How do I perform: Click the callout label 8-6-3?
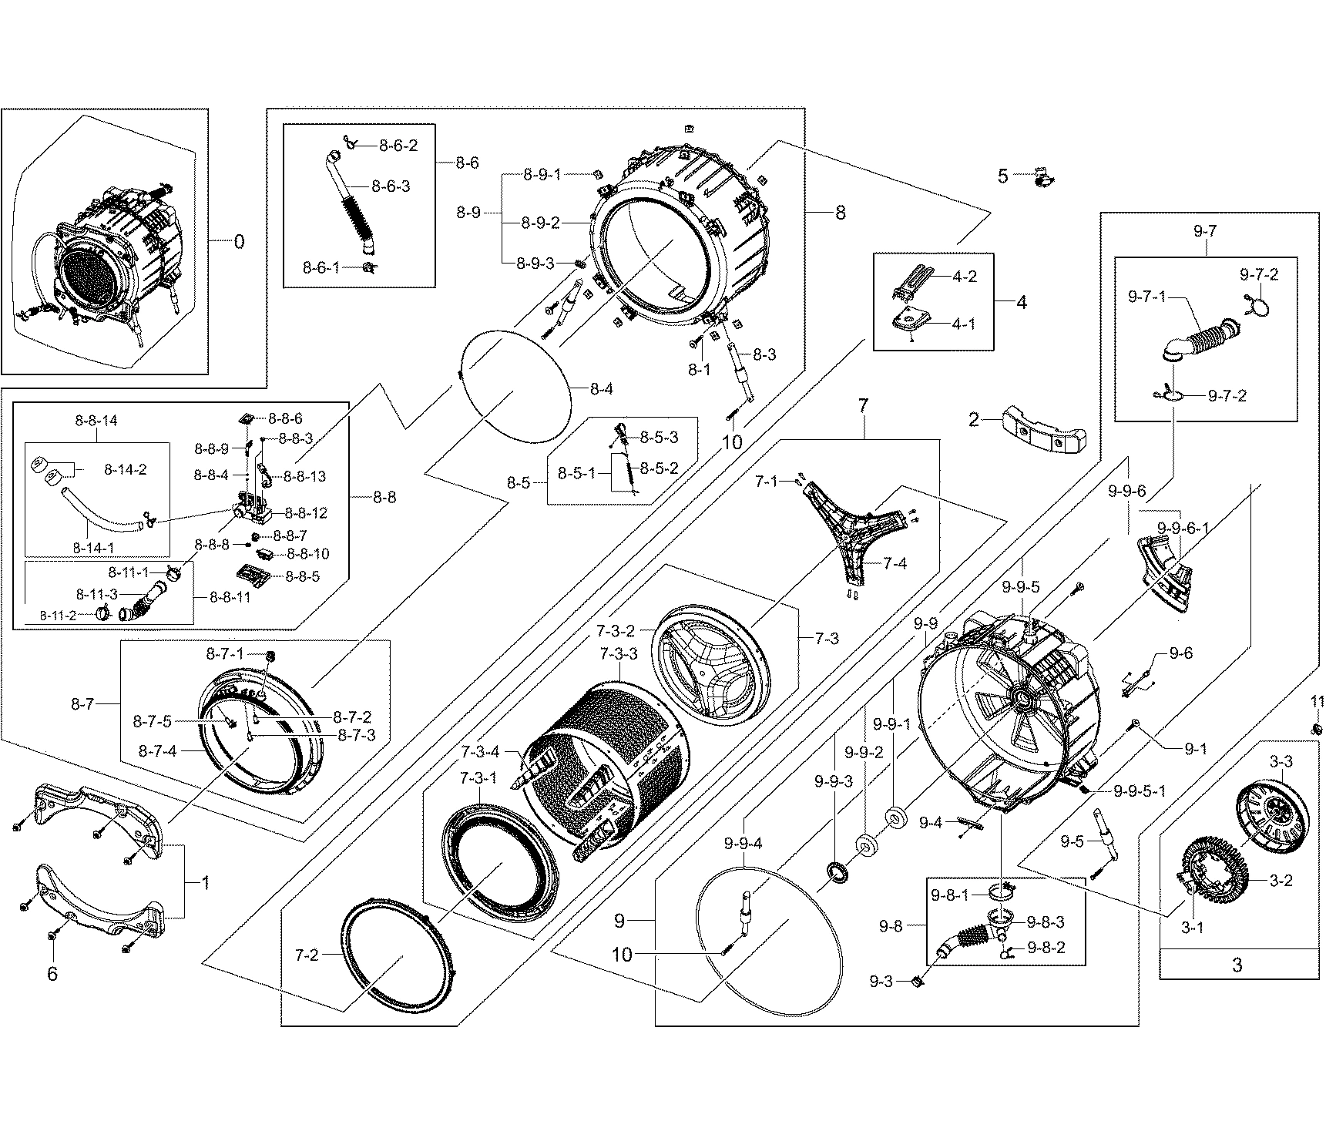coord(391,186)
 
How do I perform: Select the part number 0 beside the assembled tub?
coord(239,242)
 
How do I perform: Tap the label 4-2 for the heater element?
coord(965,277)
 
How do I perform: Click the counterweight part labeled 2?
coord(1046,431)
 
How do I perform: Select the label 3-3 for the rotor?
coord(1281,762)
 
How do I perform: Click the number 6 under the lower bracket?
coord(52,974)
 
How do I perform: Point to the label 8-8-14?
coord(96,421)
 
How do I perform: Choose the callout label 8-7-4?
coord(158,750)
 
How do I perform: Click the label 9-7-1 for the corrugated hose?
coord(1147,297)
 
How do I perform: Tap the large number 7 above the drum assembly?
coord(863,405)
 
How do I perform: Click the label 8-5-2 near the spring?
coord(659,468)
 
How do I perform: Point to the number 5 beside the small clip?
coord(1002,176)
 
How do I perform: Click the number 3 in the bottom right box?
coord(1237,965)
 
